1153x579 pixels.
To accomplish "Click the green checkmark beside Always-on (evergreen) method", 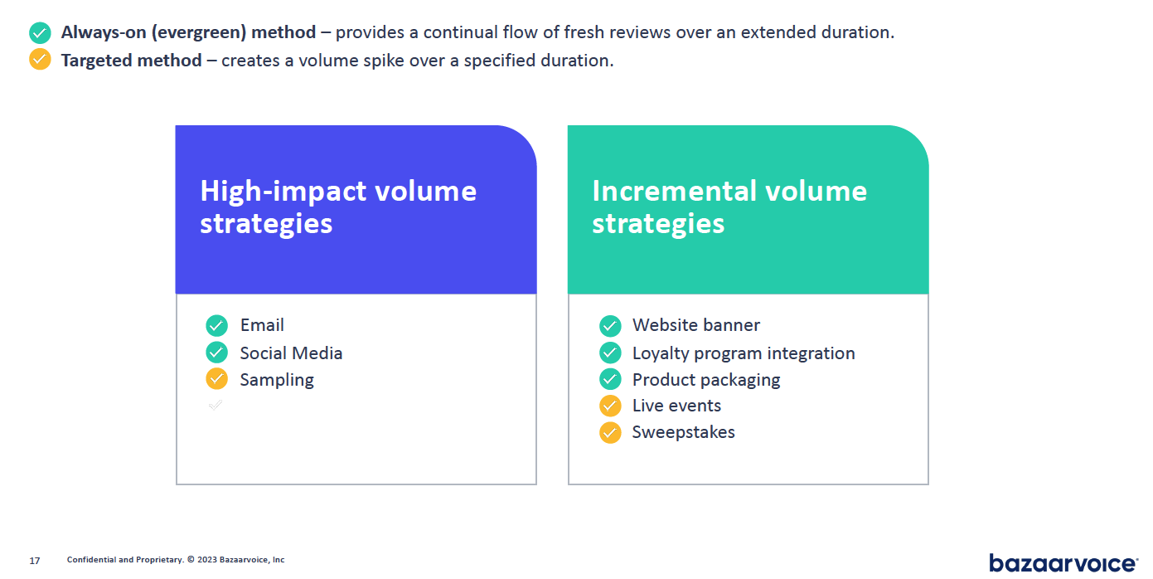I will point(40,33).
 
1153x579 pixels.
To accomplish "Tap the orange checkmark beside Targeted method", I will point(40,60).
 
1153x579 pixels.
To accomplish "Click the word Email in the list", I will point(262,325).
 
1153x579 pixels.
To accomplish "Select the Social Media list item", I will point(291,353).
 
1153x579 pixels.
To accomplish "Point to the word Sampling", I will point(277,380).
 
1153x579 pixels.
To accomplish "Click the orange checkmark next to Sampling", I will point(216,379).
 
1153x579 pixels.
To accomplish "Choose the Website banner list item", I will point(695,325).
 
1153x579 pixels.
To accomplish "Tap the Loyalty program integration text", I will point(743,353).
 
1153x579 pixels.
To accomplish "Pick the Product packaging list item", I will point(705,380).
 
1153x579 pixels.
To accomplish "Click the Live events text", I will point(676,406).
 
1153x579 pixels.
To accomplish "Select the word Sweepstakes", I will point(683,432).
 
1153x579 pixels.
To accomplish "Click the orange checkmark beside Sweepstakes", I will point(610,432).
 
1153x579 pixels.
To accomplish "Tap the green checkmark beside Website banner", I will point(610,325).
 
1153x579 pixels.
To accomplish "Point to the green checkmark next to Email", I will point(216,325).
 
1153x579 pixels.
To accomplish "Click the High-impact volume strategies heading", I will point(338,207).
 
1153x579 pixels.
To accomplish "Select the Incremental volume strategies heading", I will point(729,207).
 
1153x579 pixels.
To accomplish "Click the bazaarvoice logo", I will point(1063,562).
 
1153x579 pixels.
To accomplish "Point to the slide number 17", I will point(34,561).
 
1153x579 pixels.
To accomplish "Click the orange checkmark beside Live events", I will point(610,406).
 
